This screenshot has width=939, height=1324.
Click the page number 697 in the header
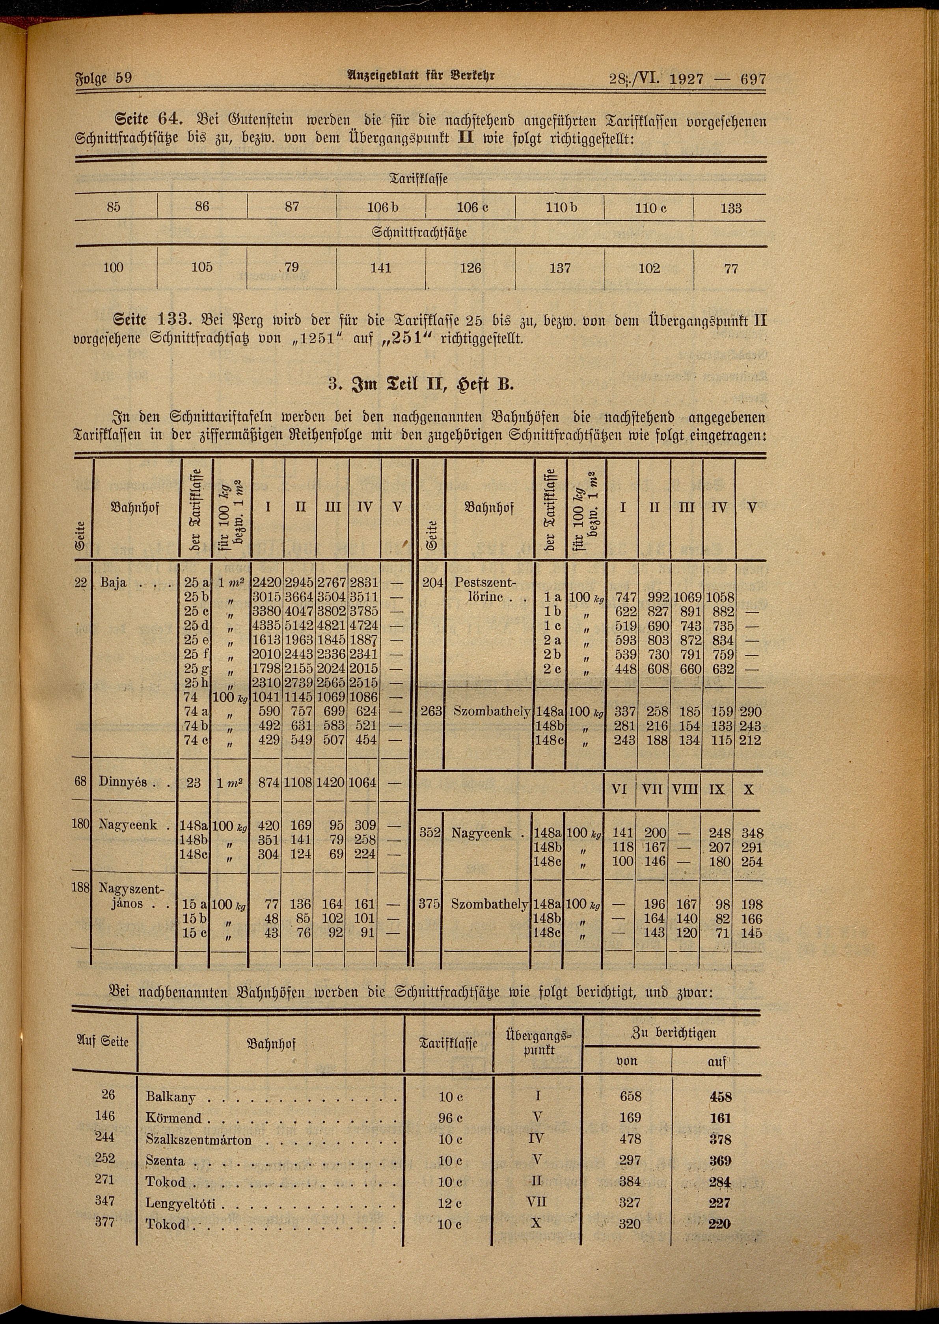coord(752,78)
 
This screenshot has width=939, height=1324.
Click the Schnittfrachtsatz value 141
coord(381,268)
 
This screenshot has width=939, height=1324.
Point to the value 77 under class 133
coord(731,268)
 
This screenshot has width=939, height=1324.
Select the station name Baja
coord(113,582)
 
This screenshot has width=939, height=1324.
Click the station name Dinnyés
coord(123,782)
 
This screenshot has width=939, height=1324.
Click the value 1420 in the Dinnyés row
coord(332,783)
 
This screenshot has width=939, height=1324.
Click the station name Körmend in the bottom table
coord(173,1118)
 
